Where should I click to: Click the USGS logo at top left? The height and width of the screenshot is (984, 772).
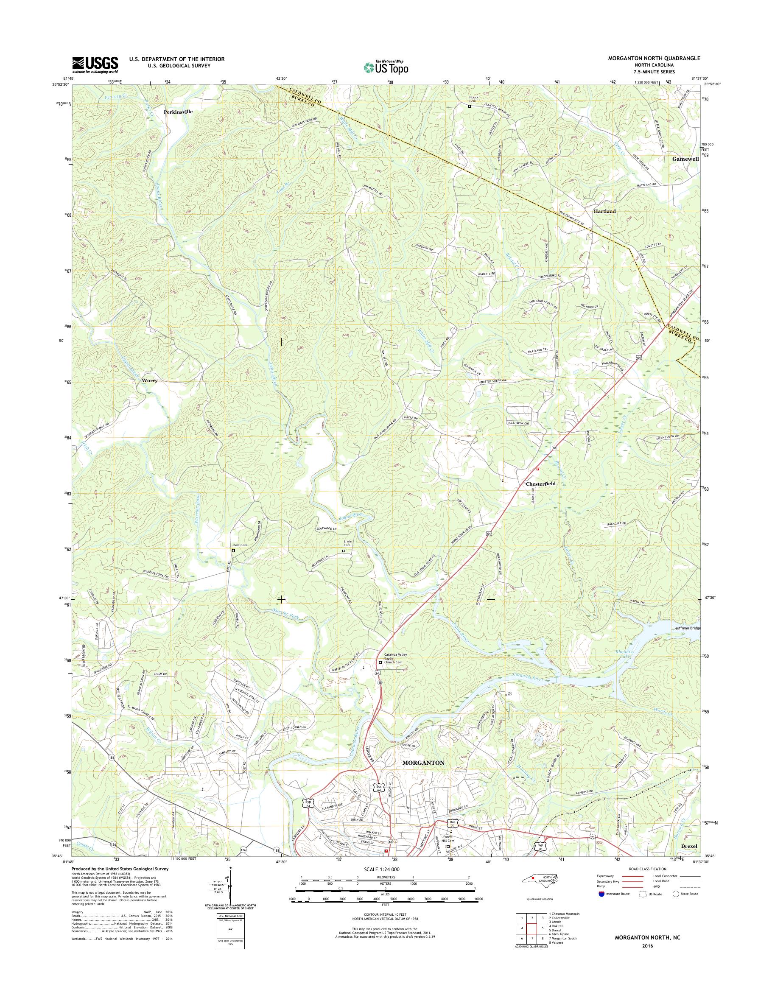pos(95,64)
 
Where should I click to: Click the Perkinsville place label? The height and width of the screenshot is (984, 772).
pos(178,111)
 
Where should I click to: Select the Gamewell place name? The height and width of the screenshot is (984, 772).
pos(685,159)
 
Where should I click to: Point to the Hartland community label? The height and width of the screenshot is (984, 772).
pos(604,211)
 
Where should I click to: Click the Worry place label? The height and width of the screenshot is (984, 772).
pos(150,380)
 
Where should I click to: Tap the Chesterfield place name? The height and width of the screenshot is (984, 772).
pos(540,484)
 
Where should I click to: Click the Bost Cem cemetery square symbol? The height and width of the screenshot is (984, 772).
pos(234,551)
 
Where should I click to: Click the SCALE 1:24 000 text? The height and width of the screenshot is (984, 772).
pos(381,869)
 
